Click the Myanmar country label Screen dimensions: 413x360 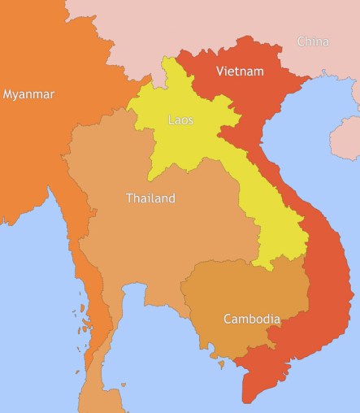(28, 94)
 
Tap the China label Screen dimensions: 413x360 (313, 41)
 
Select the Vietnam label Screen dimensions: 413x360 (240, 72)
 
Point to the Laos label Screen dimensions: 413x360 (180, 120)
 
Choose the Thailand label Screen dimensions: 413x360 (150, 198)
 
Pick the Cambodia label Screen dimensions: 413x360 (252, 319)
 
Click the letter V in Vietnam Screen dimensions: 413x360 (220, 72)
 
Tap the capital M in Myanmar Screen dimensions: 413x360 (8, 94)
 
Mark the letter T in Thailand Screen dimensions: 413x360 (129, 198)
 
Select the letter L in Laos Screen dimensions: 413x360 (171, 120)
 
